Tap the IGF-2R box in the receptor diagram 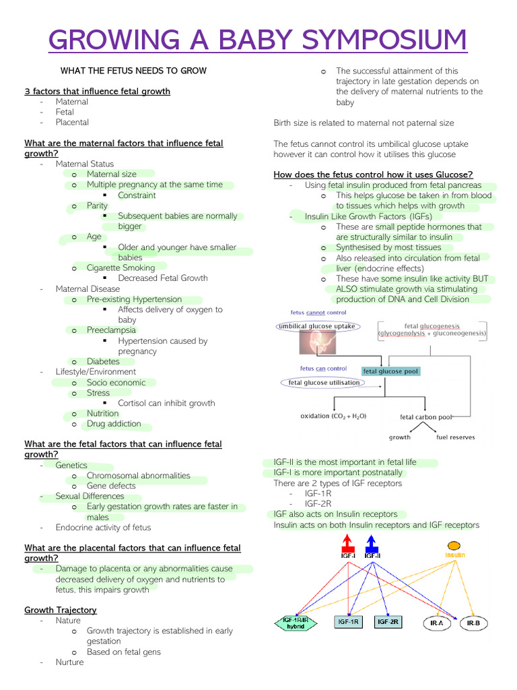(388, 622)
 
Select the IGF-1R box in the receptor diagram (348, 622)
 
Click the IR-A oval (437, 623)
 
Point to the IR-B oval (473, 623)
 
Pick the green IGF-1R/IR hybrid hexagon (296, 623)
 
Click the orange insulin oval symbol (454, 546)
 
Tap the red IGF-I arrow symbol (348, 543)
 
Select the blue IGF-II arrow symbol (372, 543)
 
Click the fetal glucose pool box (391, 371)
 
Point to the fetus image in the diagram (318, 342)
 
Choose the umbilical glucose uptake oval (318, 327)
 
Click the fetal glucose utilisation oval (323, 383)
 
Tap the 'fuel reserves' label (456, 437)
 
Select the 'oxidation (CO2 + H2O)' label (333, 416)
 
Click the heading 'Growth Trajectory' (61, 610)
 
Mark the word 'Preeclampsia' (111, 330)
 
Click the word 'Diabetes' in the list (103, 361)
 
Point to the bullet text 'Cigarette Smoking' (121, 268)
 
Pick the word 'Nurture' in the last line (69, 662)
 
